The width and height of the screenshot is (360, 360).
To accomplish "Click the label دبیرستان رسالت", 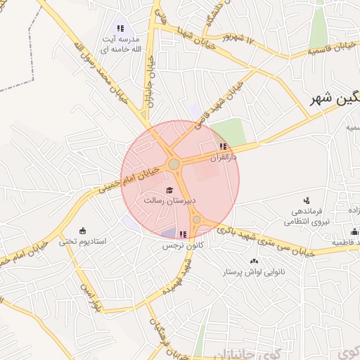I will tap(169, 200).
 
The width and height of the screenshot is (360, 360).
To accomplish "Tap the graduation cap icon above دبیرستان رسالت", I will tap(169, 189).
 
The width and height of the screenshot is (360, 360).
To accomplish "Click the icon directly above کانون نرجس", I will tap(183, 234).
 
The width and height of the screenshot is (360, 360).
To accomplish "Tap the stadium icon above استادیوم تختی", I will tap(83, 231).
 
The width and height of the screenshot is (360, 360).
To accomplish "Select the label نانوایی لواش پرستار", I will tap(252, 271).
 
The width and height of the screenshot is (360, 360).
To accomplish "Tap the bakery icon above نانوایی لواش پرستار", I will tap(254, 261).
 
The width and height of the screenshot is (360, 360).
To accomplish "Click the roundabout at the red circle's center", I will tap(174, 165).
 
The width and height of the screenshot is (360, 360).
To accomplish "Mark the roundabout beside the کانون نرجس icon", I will tap(196, 220).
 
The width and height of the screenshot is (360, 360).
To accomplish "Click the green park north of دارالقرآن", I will tap(229, 131).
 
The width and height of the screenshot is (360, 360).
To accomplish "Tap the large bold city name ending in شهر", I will tap(336, 100).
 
